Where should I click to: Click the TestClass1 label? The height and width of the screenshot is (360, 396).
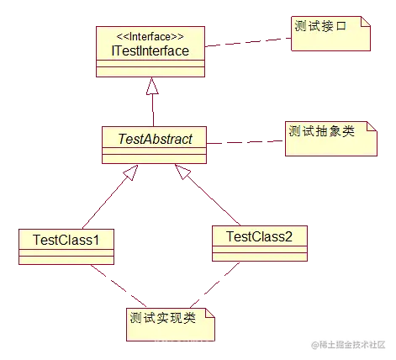click(66, 240)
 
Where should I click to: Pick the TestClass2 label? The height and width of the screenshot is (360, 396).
click(259, 236)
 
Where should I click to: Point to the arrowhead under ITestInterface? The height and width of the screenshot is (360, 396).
click(153, 87)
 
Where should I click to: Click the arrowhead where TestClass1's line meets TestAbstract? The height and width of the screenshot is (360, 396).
click(129, 173)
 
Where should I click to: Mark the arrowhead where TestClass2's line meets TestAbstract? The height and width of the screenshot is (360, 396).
click(182, 173)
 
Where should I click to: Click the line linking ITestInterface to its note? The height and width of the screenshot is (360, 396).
click(248, 42)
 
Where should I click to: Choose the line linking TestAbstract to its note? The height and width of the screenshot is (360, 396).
click(244, 142)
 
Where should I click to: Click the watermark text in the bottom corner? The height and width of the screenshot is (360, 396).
click(348, 344)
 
